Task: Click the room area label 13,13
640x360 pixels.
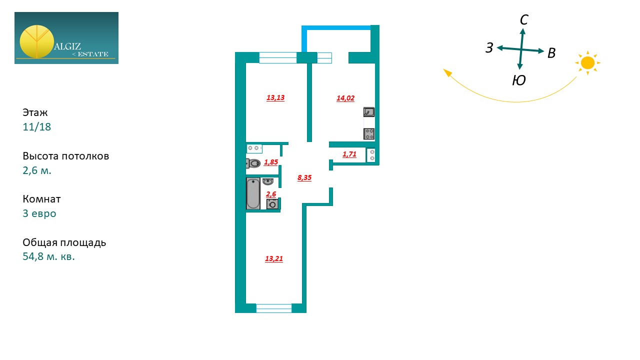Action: (275, 98)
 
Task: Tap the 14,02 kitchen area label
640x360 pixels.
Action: (345, 98)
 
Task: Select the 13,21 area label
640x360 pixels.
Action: (274, 259)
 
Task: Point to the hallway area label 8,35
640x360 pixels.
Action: (304, 177)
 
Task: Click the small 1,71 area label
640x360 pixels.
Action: (349, 154)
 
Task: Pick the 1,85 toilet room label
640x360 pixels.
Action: (271, 162)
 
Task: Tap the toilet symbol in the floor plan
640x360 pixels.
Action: (253, 163)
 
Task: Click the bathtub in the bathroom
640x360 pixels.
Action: (253, 193)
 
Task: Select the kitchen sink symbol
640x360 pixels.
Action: (369, 112)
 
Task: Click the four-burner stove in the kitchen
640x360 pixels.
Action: (369, 133)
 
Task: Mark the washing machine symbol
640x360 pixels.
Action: (272, 204)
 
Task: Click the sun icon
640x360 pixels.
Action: (587, 63)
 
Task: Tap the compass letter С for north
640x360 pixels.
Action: (524, 20)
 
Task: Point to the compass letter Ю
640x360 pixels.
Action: (519, 80)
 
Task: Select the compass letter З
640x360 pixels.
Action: (489, 48)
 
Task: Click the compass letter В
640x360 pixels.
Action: (551, 53)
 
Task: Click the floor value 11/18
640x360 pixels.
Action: (37, 127)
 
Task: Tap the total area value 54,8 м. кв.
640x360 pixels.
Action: (48, 257)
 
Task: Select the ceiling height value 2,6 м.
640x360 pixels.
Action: (37, 170)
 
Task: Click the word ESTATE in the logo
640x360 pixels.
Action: (93, 54)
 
